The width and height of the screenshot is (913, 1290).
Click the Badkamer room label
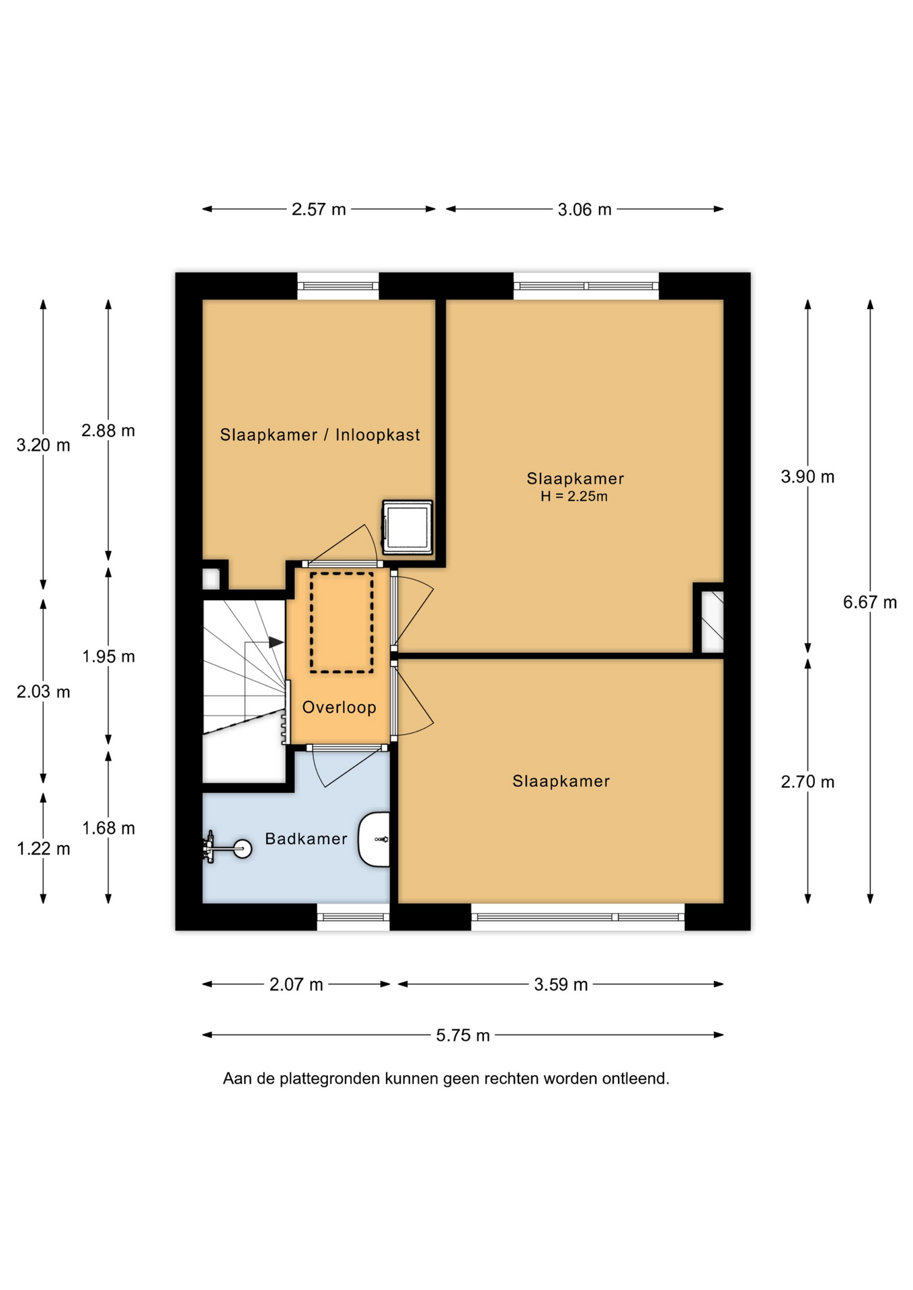tap(306, 838)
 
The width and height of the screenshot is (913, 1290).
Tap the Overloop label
tap(339, 707)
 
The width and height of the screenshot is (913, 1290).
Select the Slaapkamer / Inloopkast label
tap(320, 435)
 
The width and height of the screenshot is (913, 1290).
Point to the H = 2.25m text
tap(574, 497)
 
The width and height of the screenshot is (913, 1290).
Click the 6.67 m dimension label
tap(870, 602)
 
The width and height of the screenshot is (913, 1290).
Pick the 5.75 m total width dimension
tap(463, 1035)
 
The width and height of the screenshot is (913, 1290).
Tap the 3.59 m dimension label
tap(561, 985)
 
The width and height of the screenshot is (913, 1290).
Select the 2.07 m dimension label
tap(296, 985)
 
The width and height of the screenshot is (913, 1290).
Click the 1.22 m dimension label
tap(43, 849)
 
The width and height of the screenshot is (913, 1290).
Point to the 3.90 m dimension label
tap(807, 477)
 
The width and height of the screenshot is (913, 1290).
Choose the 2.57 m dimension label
tap(319, 210)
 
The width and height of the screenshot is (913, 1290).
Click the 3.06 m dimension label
tap(584, 210)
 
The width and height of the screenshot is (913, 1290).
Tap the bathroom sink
tap(374, 839)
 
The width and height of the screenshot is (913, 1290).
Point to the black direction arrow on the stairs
tap(276, 642)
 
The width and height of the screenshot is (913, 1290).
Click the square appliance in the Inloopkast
tap(407, 527)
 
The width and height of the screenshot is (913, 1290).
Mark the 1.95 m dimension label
tap(108, 656)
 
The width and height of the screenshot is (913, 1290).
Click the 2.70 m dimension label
tap(807, 782)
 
